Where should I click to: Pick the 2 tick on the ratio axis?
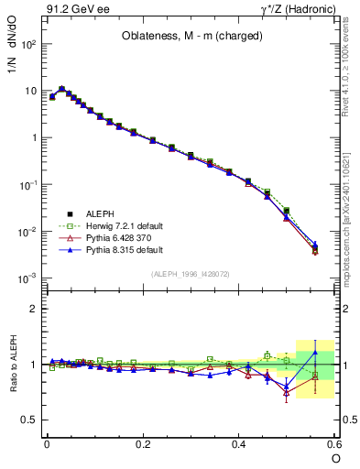35,309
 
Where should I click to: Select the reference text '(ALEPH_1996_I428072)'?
190,274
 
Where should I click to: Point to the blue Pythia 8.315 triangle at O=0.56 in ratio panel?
315,353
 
